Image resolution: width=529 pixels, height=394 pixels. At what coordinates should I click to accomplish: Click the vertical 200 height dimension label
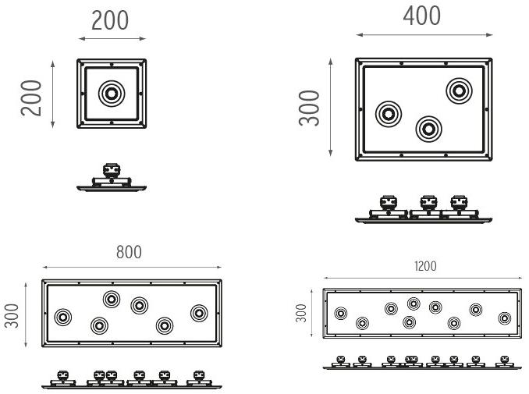pyautogui.click(x=32, y=96)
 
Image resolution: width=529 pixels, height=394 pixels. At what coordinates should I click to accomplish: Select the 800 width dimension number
pyautogui.click(x=130, y=254)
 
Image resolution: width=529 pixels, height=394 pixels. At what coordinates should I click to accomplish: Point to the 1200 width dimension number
pyautogui.click(x=426, y=266)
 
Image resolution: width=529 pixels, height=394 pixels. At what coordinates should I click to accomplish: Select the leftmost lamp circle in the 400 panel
pyautogui.click(x=389, y=115)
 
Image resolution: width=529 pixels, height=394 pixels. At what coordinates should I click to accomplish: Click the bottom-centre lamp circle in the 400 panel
pyautogui.click(x=428, y=128)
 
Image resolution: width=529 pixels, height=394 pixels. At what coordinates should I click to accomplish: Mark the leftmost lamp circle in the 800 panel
pyautogui.click(x=62, y=317)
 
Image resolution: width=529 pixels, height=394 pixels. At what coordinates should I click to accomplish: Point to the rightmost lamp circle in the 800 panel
pyautogui.click(x=199, y=313)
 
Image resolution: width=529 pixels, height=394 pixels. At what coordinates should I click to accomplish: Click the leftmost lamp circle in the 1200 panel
pyautogui.click(x=340, y=313)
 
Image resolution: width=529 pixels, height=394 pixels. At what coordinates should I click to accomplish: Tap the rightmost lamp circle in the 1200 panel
pyautogui.click(x=504, y=318)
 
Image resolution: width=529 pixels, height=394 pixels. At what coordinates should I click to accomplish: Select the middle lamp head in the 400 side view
pyautogui.click(x=428, y=203)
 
